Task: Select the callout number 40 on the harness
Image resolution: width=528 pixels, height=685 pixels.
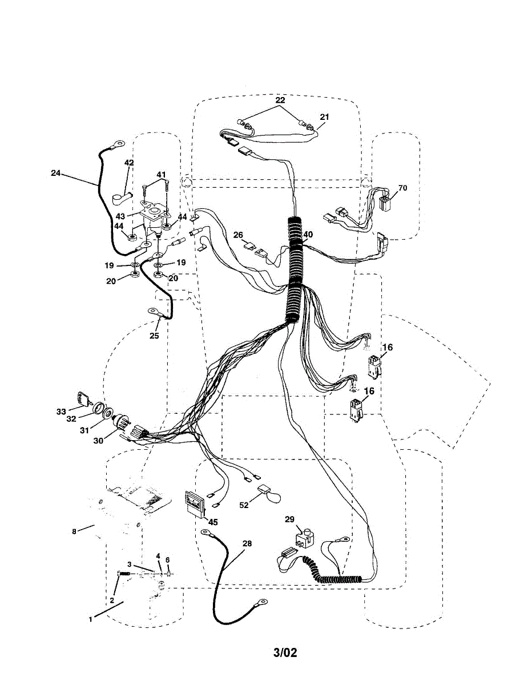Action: coord(308,234)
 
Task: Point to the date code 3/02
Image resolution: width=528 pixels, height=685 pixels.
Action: coord(285,652)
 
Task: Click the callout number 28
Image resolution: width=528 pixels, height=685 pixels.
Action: coord(247,543)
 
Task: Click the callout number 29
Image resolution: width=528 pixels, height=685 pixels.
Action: coord(289,519)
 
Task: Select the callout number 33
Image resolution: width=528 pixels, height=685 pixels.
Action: coord(61,410)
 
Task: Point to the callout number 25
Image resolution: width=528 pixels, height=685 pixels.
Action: coord(154,336)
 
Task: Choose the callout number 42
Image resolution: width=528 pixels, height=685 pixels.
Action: coord(129,163)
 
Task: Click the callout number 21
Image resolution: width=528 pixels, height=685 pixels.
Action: coord(324,116)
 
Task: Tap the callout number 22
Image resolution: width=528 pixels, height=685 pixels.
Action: coord(280,100)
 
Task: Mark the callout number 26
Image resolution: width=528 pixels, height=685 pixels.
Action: coord(238,234)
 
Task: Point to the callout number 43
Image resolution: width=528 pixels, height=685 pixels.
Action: coord(120,216)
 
